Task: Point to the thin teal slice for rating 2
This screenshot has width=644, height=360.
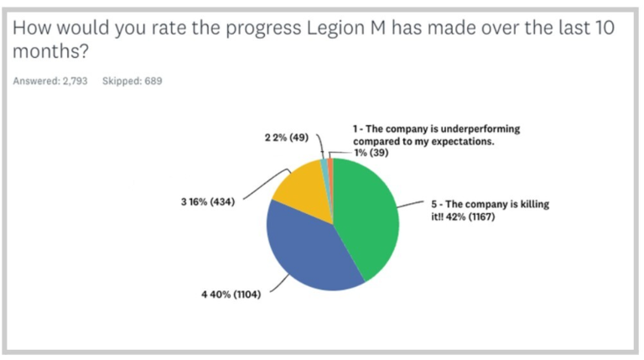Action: coord(325,164)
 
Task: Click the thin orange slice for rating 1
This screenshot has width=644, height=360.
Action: coord(330,164)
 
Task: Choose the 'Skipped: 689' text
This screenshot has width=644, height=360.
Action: coord(132,81)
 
